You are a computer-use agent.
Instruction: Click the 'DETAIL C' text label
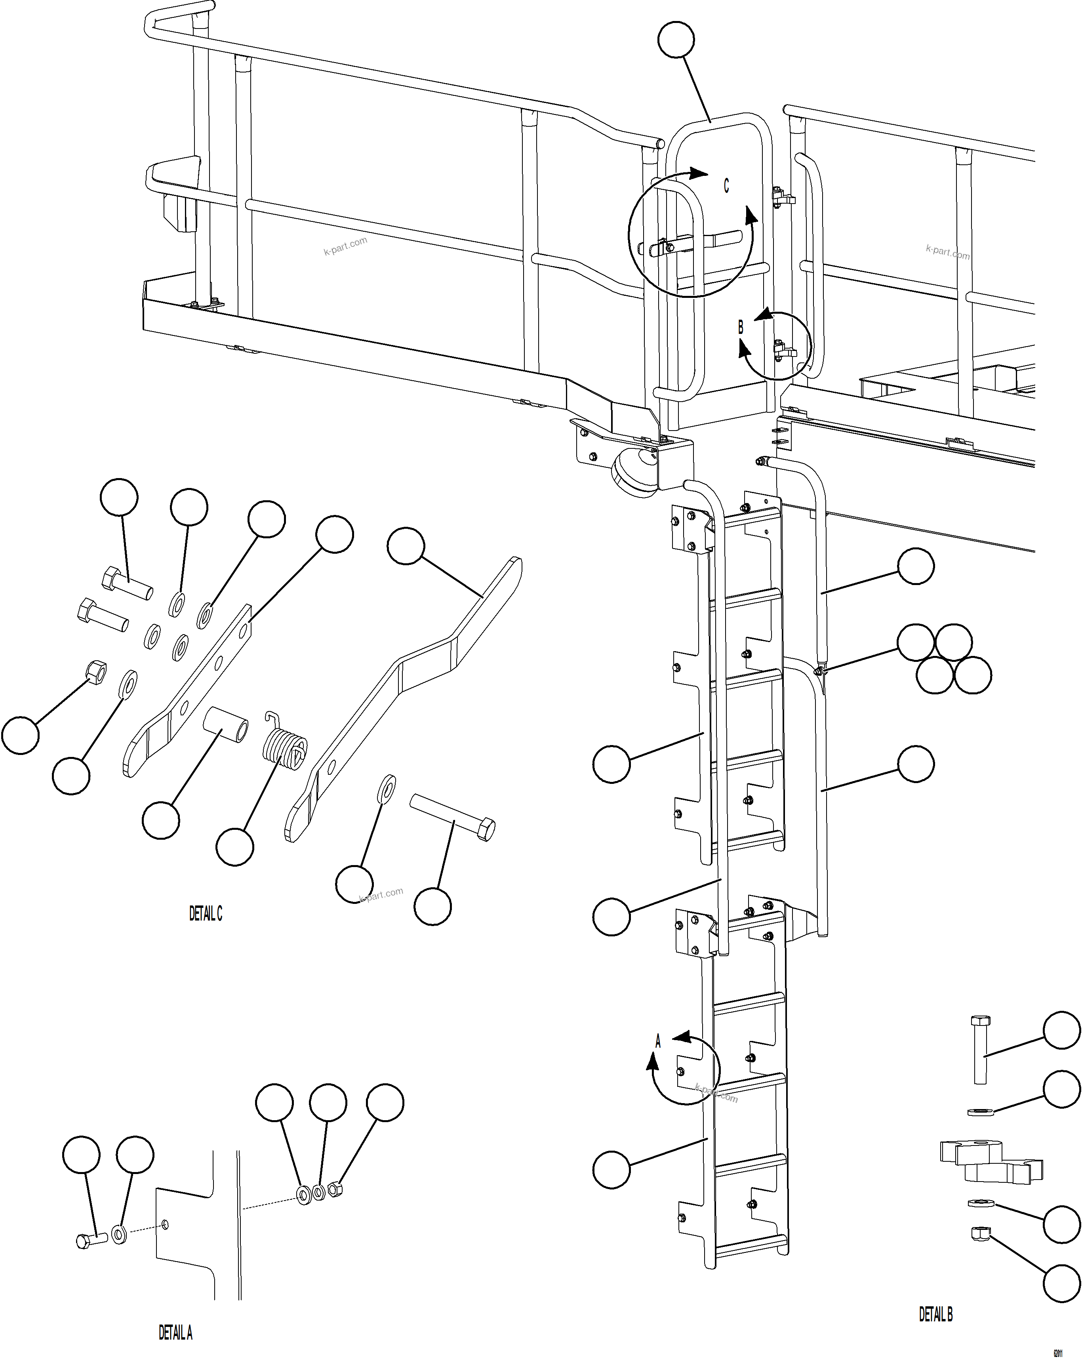[x=206, y=913]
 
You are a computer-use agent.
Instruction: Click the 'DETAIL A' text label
[x=175, y=1332]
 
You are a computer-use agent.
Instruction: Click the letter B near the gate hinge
[x=741, y=327]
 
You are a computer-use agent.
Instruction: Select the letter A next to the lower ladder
[x=658, y=1041]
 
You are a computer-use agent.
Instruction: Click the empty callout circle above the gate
[x=676, y=40]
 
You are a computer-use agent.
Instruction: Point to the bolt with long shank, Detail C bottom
[x=452, y=818]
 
